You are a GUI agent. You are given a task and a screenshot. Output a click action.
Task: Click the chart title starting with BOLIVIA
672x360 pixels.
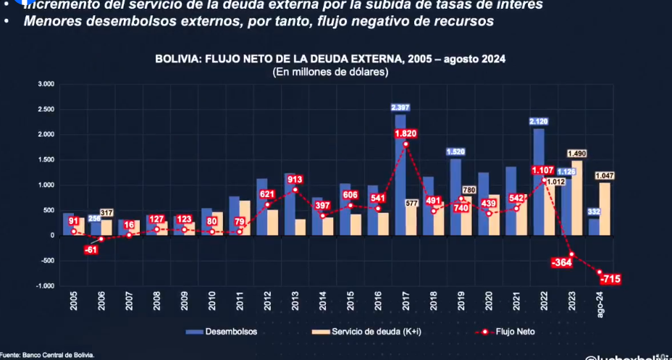pos(330,59)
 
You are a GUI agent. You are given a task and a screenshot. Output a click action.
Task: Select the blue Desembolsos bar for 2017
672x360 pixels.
pos(400,174)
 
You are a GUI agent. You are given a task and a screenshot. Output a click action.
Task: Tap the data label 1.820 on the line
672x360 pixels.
pos(406,134)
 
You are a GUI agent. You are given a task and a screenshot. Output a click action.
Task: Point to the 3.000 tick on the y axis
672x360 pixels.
pos(46,84)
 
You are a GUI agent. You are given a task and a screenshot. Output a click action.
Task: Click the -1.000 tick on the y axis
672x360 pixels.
pos(45,286)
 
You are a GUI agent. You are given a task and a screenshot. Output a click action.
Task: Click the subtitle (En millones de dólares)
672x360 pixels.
pos(330,72)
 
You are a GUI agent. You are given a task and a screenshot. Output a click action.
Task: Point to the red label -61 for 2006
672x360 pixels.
pos(91,249)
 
